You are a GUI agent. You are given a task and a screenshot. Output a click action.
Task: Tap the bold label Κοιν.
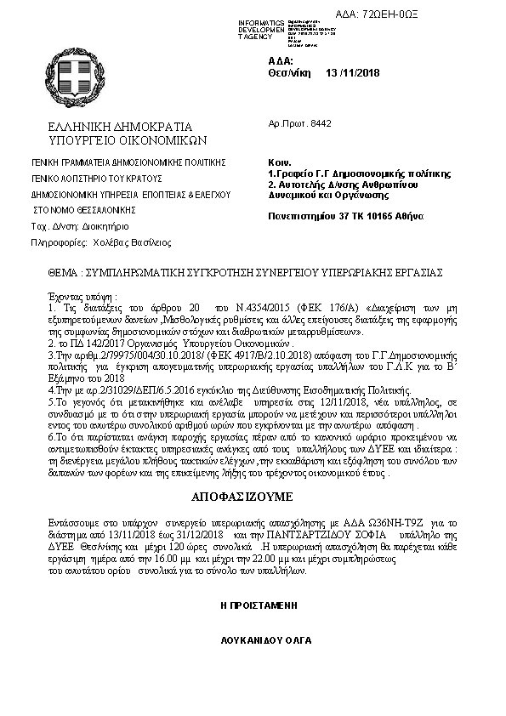279,162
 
